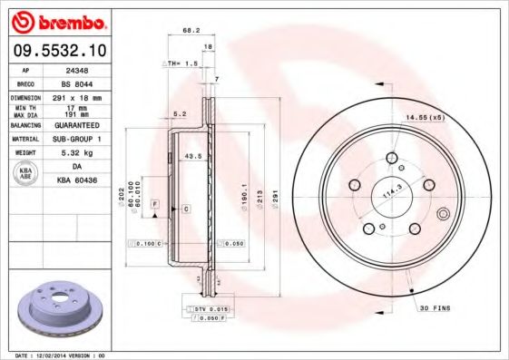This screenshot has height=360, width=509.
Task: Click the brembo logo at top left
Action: click(55, 20)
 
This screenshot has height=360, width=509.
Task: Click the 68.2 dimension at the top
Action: click(191, 31)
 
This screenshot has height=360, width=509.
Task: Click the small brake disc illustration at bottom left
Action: click(59, 309)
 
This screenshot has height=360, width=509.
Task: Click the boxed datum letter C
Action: click(185, 209)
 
